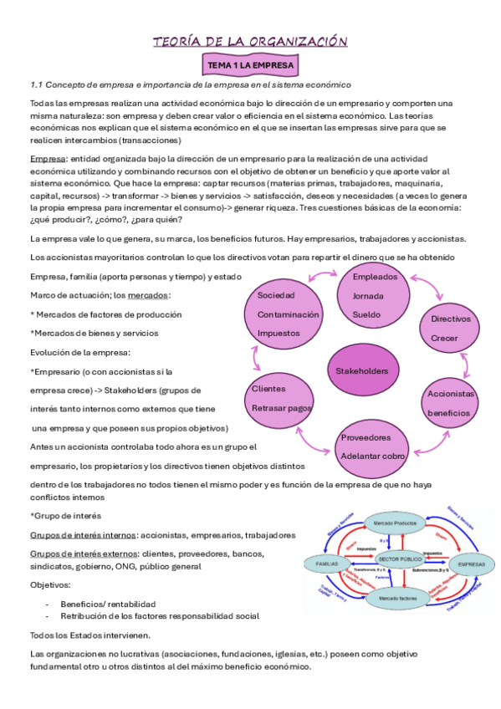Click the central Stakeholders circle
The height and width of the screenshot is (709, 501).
(x=361, y=370)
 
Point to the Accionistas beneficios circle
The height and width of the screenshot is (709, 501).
(x=451, y=403)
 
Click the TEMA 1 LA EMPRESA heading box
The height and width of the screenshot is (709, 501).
(x=251, y=64)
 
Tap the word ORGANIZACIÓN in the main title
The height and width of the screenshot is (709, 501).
(x=293, y=41)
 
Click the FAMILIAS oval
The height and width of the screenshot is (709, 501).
(x=328, y=564)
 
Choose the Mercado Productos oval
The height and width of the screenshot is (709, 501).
(x=396, y=523)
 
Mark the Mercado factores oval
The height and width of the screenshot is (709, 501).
(x=396, y=599)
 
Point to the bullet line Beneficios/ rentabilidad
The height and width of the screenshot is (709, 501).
(x=108, y=603)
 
